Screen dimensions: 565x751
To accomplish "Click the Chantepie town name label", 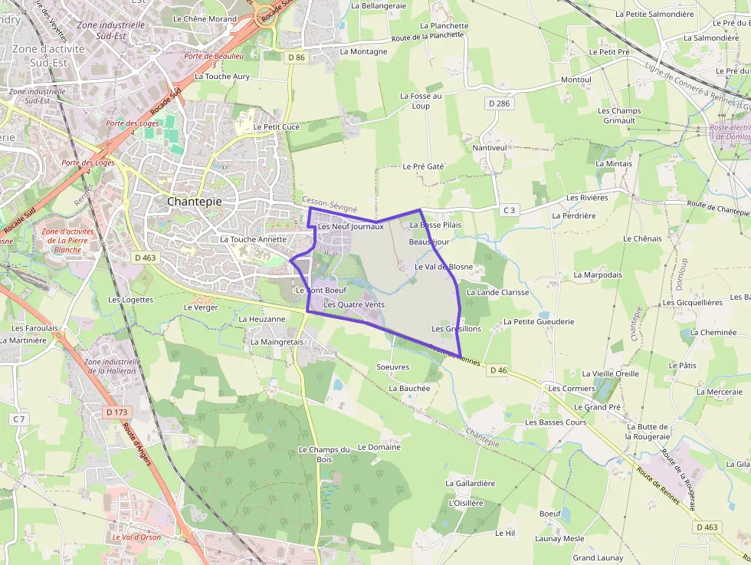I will pyautogui.click(x=195, y=201).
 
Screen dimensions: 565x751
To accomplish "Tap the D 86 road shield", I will pyautogui.click(x=297, y=57).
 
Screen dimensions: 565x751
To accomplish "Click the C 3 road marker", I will pyautogui.click(x=510, y=209).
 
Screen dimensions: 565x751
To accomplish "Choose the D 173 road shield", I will pyautogui.click(x=116, y=412).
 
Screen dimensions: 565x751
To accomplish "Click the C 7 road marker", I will pyautogui.click(x=18, y=419).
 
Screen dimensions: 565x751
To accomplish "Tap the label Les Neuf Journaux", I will pyautogui.click(x=350, y=226).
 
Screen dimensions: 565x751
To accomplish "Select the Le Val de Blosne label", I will pyautogui.click(x=444, y=267).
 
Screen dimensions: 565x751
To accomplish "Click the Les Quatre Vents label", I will pyautogui.click(x=354, y=304).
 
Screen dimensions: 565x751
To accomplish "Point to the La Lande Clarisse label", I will pyautogui.click(x=498, y=292).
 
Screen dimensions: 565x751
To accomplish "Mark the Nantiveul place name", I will pyautogui.click(x=490, y=147).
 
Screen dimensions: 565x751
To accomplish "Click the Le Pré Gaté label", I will pyautogui.click(x=423, y=166).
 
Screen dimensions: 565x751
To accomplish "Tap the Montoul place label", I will pyautogui.click(x=576, y=80).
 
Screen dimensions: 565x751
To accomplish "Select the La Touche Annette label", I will pyautogui.click(x=253, y=239).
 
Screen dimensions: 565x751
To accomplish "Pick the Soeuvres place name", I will pyautogui.click(x=393, y=367).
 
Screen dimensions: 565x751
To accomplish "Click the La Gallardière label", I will pyautogui.click(x=471, y=483).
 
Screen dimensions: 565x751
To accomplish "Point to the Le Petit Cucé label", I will pyautogui.click(x=276, y=126).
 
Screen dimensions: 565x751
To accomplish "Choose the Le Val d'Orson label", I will pyautogui.click(x=136, y=537).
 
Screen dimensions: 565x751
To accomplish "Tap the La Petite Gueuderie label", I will pyautogui.click(x=539, y=322).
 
